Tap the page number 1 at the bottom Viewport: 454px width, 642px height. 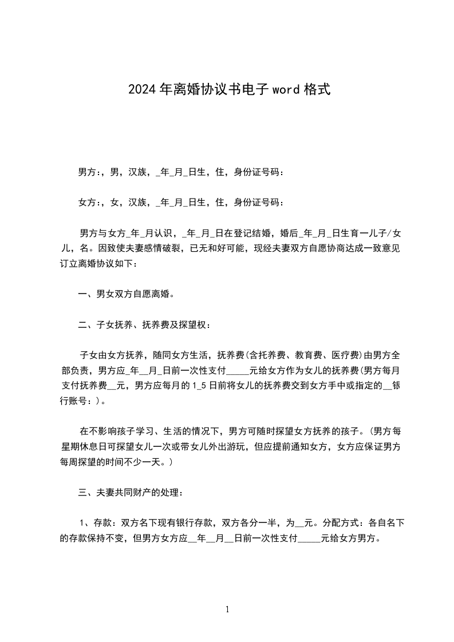[227, 609]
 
